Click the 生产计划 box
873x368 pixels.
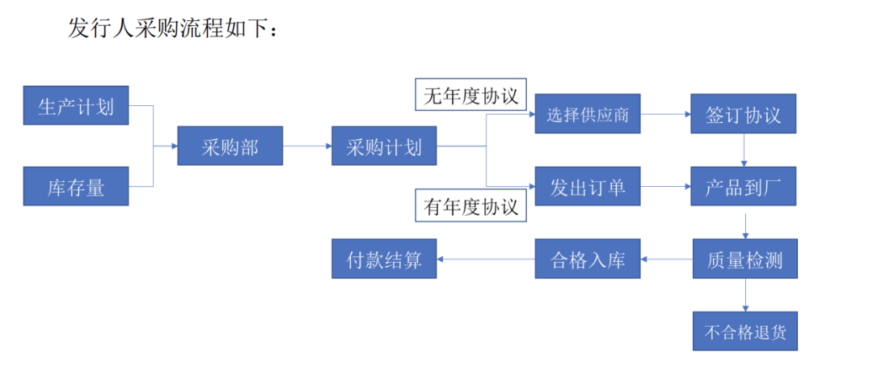click(76, 105)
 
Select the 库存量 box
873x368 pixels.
click(76, 186)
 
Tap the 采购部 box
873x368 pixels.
click(230, 146)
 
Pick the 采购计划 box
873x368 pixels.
click(384, 146)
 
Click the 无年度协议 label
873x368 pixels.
click(470, 95)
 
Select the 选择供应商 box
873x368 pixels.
click(588, 115)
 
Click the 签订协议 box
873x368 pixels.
click(744, 115)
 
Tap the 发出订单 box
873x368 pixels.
click(588, 187)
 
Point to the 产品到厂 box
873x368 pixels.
click(744, 187)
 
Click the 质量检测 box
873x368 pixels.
click(744, 260)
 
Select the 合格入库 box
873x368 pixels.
click(588, 260)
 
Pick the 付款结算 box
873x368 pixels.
click(384, 260)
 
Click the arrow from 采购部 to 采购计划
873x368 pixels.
click(307, 146)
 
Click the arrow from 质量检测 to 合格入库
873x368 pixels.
click(667, 260)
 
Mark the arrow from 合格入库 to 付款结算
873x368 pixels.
click(486, 260)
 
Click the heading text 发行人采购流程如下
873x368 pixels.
click(174, 29)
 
